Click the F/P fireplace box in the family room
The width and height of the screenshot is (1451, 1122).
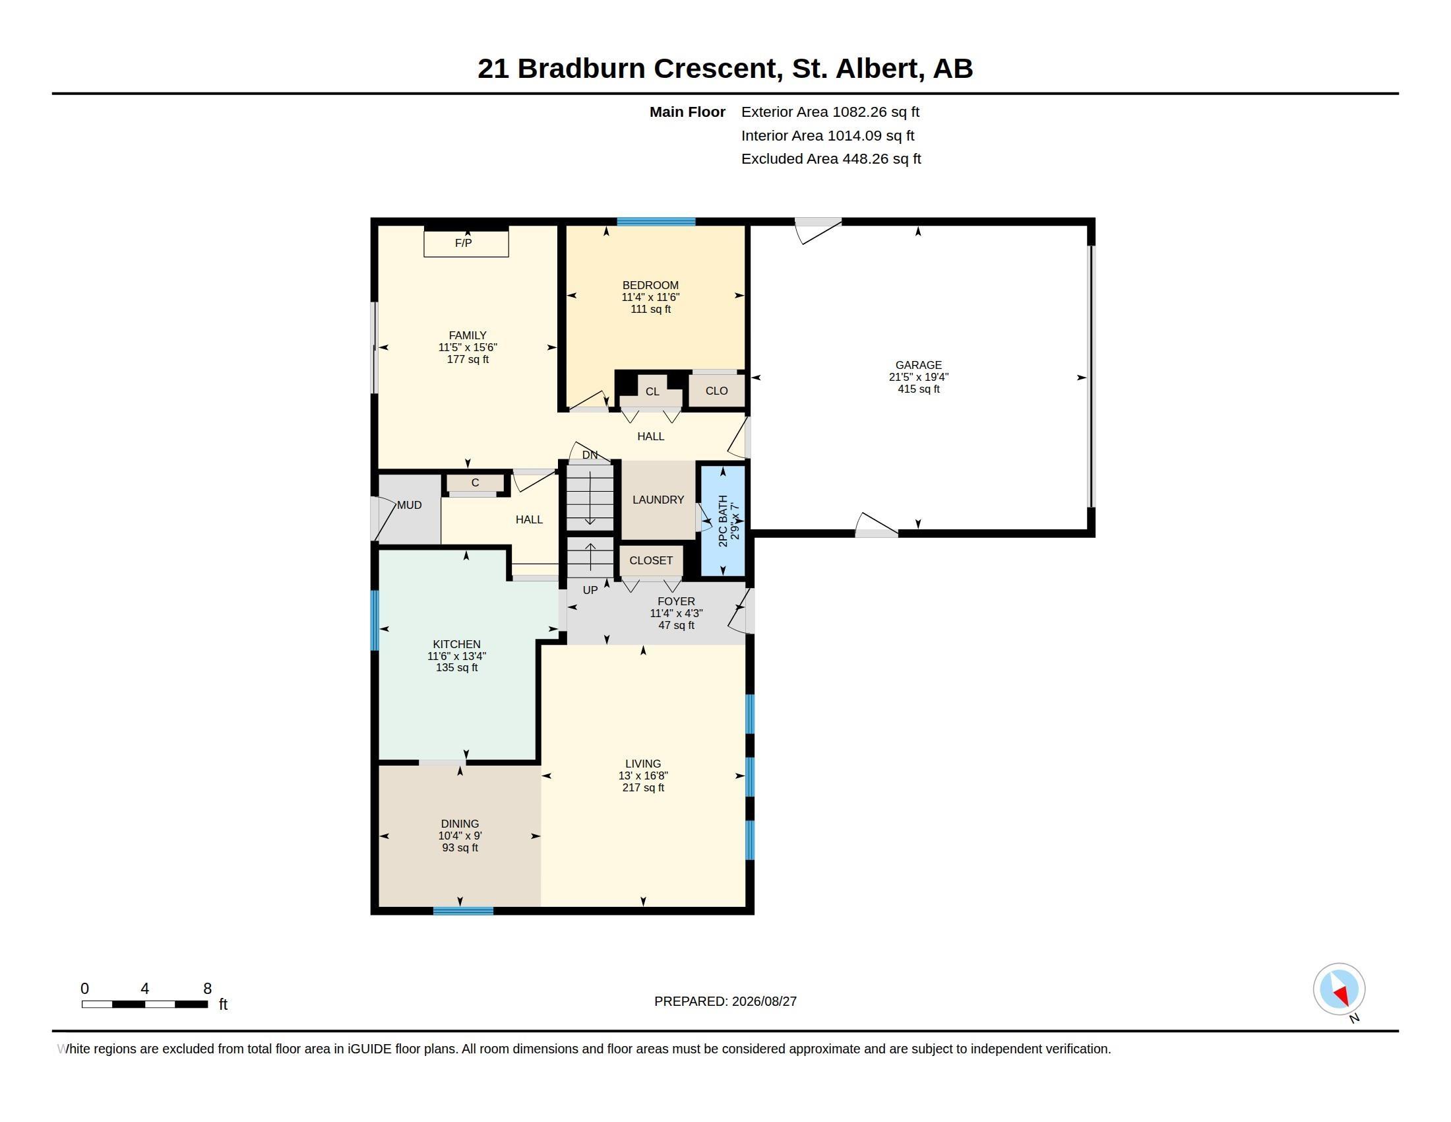point(466,244)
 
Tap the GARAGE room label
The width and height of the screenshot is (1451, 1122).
point(918,365)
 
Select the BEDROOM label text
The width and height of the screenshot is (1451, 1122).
point(650,285)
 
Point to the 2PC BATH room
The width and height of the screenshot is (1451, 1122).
point(723,521)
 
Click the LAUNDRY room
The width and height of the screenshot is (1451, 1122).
point(658,500)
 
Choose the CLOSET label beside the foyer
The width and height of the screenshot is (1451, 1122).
point(650,560)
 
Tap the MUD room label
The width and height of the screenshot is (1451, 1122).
point(410,505)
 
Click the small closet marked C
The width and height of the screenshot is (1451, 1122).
point(474,483)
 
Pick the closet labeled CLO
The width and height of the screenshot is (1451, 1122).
point(716,391)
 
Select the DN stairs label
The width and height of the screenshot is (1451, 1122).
point(590,455)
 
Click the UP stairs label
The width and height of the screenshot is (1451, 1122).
point(590,590)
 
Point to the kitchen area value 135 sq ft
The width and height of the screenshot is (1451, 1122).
point(456,667)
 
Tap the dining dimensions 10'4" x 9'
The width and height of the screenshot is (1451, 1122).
point(460,836)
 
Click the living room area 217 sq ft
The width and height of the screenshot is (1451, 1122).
point(643,787)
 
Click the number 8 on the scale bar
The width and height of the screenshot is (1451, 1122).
point(207,989)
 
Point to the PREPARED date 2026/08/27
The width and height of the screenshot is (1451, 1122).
point(764,1001)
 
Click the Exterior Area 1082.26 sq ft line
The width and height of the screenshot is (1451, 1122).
point(830,112)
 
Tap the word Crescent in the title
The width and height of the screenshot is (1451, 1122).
point(714,69)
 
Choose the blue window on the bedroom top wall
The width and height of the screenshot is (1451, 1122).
point(656,222)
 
